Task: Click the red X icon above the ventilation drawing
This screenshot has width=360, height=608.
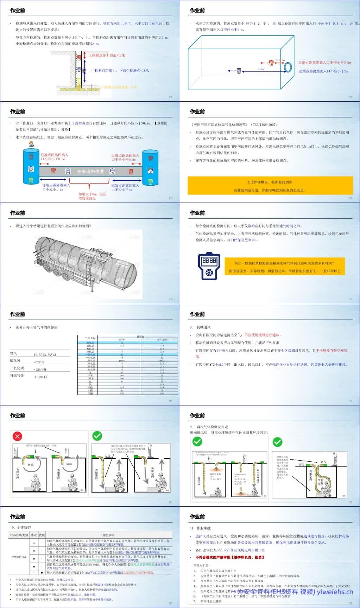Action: click(17, 436)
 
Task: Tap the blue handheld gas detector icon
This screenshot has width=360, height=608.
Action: click(209, 266)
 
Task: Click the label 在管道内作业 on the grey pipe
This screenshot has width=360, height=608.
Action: click(90, 171)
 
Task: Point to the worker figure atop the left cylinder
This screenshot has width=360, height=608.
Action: click(31, 144)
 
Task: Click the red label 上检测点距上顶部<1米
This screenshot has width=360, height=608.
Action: click(107, 56)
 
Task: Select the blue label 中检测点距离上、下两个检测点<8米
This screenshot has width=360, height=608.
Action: click(120, 71)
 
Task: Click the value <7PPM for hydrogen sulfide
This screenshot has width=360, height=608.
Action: click(39, 362)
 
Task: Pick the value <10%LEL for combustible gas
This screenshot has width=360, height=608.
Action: click(40, 377)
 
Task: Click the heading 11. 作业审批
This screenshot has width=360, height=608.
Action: click(200, 528)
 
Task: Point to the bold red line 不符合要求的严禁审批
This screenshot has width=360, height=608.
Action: click(229, 557)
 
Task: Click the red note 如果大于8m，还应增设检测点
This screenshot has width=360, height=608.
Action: click(92, 196)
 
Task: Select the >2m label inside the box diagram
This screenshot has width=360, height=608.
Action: click(261, 69)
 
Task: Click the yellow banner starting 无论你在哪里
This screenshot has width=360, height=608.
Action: click(270, 186)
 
